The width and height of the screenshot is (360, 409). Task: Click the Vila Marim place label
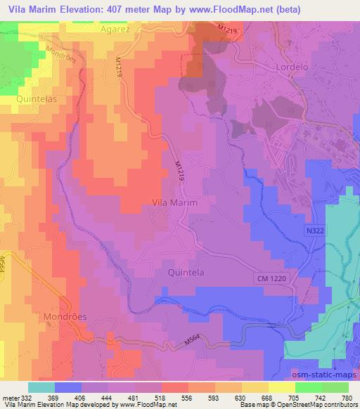coord(175,202)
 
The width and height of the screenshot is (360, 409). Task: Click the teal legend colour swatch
coord(41,387)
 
